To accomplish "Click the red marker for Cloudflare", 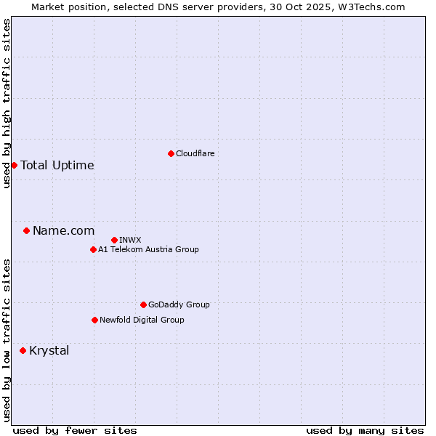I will [171, 153].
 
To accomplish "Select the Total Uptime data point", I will [14, 165].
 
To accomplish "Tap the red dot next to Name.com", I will [26, 230].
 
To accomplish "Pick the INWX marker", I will [114, 240].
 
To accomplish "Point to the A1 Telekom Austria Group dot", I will [93, 249].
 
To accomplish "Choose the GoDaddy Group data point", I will [143, 304].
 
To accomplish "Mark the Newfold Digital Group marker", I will [94, 320].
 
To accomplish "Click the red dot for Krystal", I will [23, 350].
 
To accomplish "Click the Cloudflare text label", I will [195, 153].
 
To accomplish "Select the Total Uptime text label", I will [57, 165].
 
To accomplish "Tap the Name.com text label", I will [63, 230].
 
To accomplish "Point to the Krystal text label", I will [49, 350].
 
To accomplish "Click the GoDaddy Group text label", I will [179, 304].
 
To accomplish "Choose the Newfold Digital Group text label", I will [142, 320].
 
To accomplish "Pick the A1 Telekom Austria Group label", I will [148, 249].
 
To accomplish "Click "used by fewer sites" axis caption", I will [75, 430].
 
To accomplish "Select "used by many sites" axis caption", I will [365, 430].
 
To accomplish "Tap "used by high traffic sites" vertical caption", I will [7, 104].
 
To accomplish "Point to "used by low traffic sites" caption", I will [7, 340].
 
